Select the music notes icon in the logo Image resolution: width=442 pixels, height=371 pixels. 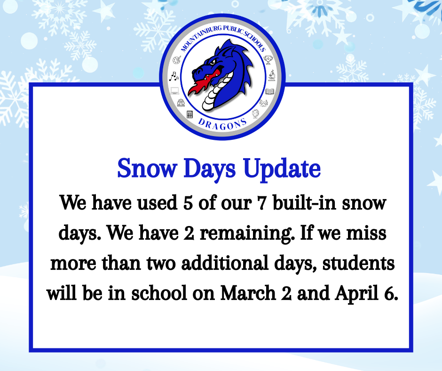click(x=174, y=75)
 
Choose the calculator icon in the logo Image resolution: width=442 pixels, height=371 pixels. click(x=189, y=114)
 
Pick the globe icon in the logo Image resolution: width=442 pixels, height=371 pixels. click(x=255, y=114)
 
